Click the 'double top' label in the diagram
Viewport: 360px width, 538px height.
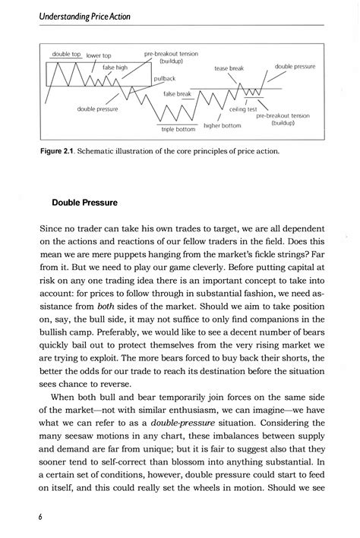66,55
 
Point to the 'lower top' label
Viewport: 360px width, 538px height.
99,55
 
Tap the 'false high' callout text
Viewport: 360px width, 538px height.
115,67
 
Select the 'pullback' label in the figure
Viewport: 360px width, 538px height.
165,78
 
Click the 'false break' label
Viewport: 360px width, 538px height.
177,94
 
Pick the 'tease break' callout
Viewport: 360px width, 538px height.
229,68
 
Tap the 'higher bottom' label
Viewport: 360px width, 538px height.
223,124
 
